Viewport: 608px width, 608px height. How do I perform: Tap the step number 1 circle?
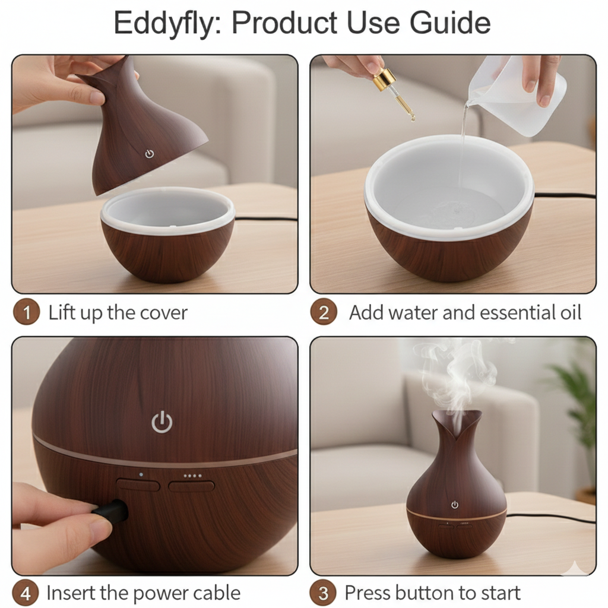click(26, 312)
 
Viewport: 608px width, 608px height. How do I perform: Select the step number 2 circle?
click(324, 312)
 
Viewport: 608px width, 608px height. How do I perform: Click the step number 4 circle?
click(26, 593)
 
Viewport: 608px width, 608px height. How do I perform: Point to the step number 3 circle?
click(324, 593)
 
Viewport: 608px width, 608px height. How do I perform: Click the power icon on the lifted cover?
click(149, 154)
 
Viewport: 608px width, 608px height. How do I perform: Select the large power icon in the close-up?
click(161, 422)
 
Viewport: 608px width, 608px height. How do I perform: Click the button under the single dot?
click(138, 486)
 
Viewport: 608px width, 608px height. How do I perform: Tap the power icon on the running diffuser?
click(455, 505)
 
